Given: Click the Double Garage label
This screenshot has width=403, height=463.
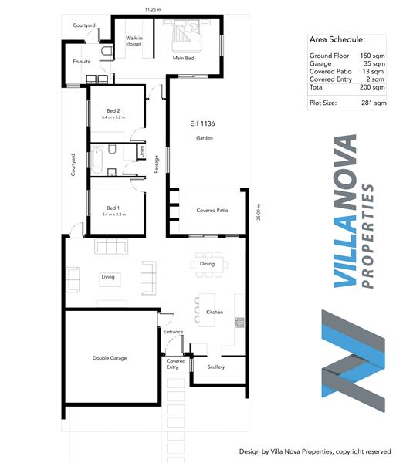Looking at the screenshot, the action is [110, 358].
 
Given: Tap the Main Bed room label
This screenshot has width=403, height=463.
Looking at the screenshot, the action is [184, 58].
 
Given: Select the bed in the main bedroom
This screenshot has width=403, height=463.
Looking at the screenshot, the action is [187, 35].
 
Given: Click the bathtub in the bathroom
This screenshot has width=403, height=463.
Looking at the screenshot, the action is [97, 161].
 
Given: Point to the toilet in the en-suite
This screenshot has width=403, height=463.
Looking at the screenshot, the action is [107, 50].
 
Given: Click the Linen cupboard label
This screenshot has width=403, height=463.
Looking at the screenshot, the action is [142, 151].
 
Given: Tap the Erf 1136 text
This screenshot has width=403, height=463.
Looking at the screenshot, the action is [202, 123].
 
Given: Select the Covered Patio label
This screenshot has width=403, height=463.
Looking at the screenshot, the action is [212, 210].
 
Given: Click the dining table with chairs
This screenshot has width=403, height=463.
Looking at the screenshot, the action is [209, 265].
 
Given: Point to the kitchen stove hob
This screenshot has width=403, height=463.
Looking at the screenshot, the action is [240, 323].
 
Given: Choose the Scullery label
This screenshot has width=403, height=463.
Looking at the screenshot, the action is [216, 367].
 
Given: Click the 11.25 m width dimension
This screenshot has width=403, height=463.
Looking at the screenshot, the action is [153, 9].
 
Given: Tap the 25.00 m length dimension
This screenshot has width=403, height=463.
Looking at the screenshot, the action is [259, 212].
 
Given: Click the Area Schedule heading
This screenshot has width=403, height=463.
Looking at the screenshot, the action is [337, 39].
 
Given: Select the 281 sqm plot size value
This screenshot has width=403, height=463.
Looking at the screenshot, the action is [374, 103].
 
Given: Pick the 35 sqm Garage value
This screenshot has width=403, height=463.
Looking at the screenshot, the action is [374, 63].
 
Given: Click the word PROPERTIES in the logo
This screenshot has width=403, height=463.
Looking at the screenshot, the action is [368, 236].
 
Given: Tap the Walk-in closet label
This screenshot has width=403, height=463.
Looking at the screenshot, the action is [134, 41].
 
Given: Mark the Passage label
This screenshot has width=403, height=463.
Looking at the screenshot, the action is [157, 164].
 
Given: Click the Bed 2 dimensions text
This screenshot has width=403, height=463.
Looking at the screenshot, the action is [113, 117].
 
